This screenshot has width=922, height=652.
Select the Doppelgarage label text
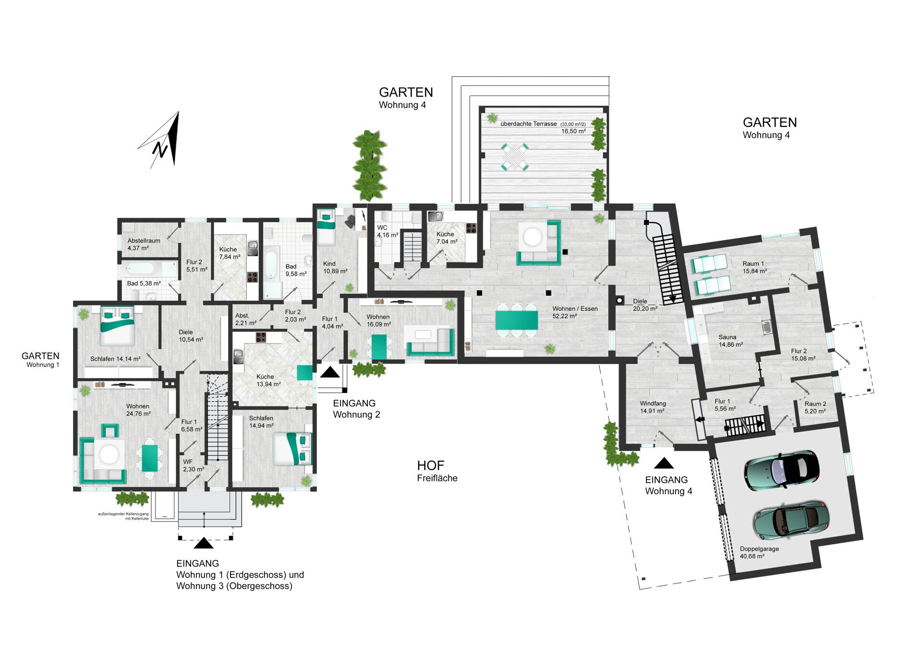click(x=759, y=549)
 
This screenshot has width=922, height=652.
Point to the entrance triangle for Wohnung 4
click(x=664, y=463)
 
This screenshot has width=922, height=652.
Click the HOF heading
click(x=430, y=465)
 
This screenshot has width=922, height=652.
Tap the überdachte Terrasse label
click(x=528, y=124)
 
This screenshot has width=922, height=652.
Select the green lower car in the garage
click(x=790, y=521)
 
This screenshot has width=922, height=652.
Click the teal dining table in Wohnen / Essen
click(x=517, y=320)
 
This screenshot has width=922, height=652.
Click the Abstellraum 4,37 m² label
click(x=144, y=244)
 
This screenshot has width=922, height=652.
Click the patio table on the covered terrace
click(x=515, y=156)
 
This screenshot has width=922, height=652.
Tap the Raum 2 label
click(x=815, y=404)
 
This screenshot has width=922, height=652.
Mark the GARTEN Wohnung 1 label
click(x=41, y=359)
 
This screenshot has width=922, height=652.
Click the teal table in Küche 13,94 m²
click(x=304, y=373)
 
